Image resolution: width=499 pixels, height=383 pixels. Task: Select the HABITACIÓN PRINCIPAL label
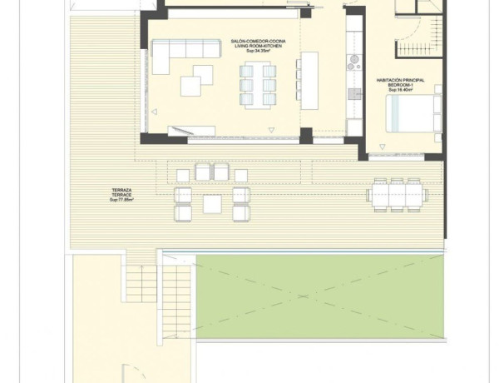click(401, 80)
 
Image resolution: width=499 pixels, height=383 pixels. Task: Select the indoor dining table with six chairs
click(258, 82)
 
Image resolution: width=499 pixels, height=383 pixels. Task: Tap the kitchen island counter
click(309, 81)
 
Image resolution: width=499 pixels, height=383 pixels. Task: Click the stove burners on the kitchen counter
click(353, 61)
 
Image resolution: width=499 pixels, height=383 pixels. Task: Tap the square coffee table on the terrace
click(212, 203)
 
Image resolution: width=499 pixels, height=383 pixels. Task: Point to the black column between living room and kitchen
click(306, 134)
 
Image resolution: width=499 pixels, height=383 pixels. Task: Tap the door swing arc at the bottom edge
click(129, 373)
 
